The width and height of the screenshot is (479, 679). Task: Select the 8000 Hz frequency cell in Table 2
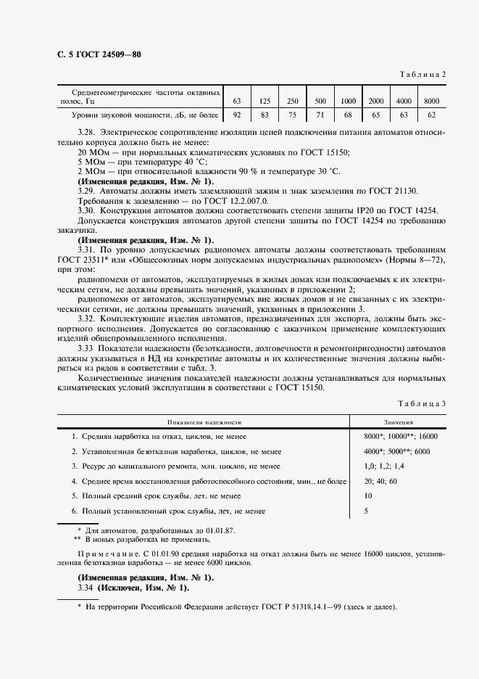(432, 100)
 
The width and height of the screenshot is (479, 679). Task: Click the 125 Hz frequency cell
(265, 100)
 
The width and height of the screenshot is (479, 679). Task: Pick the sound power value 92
(236, 115)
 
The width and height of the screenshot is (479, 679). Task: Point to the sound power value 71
(320, 115)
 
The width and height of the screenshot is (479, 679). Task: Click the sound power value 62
(432, 115)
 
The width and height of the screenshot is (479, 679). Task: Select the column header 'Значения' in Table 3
(399, 421)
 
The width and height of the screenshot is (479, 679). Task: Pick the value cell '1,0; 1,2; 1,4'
(384, 466)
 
